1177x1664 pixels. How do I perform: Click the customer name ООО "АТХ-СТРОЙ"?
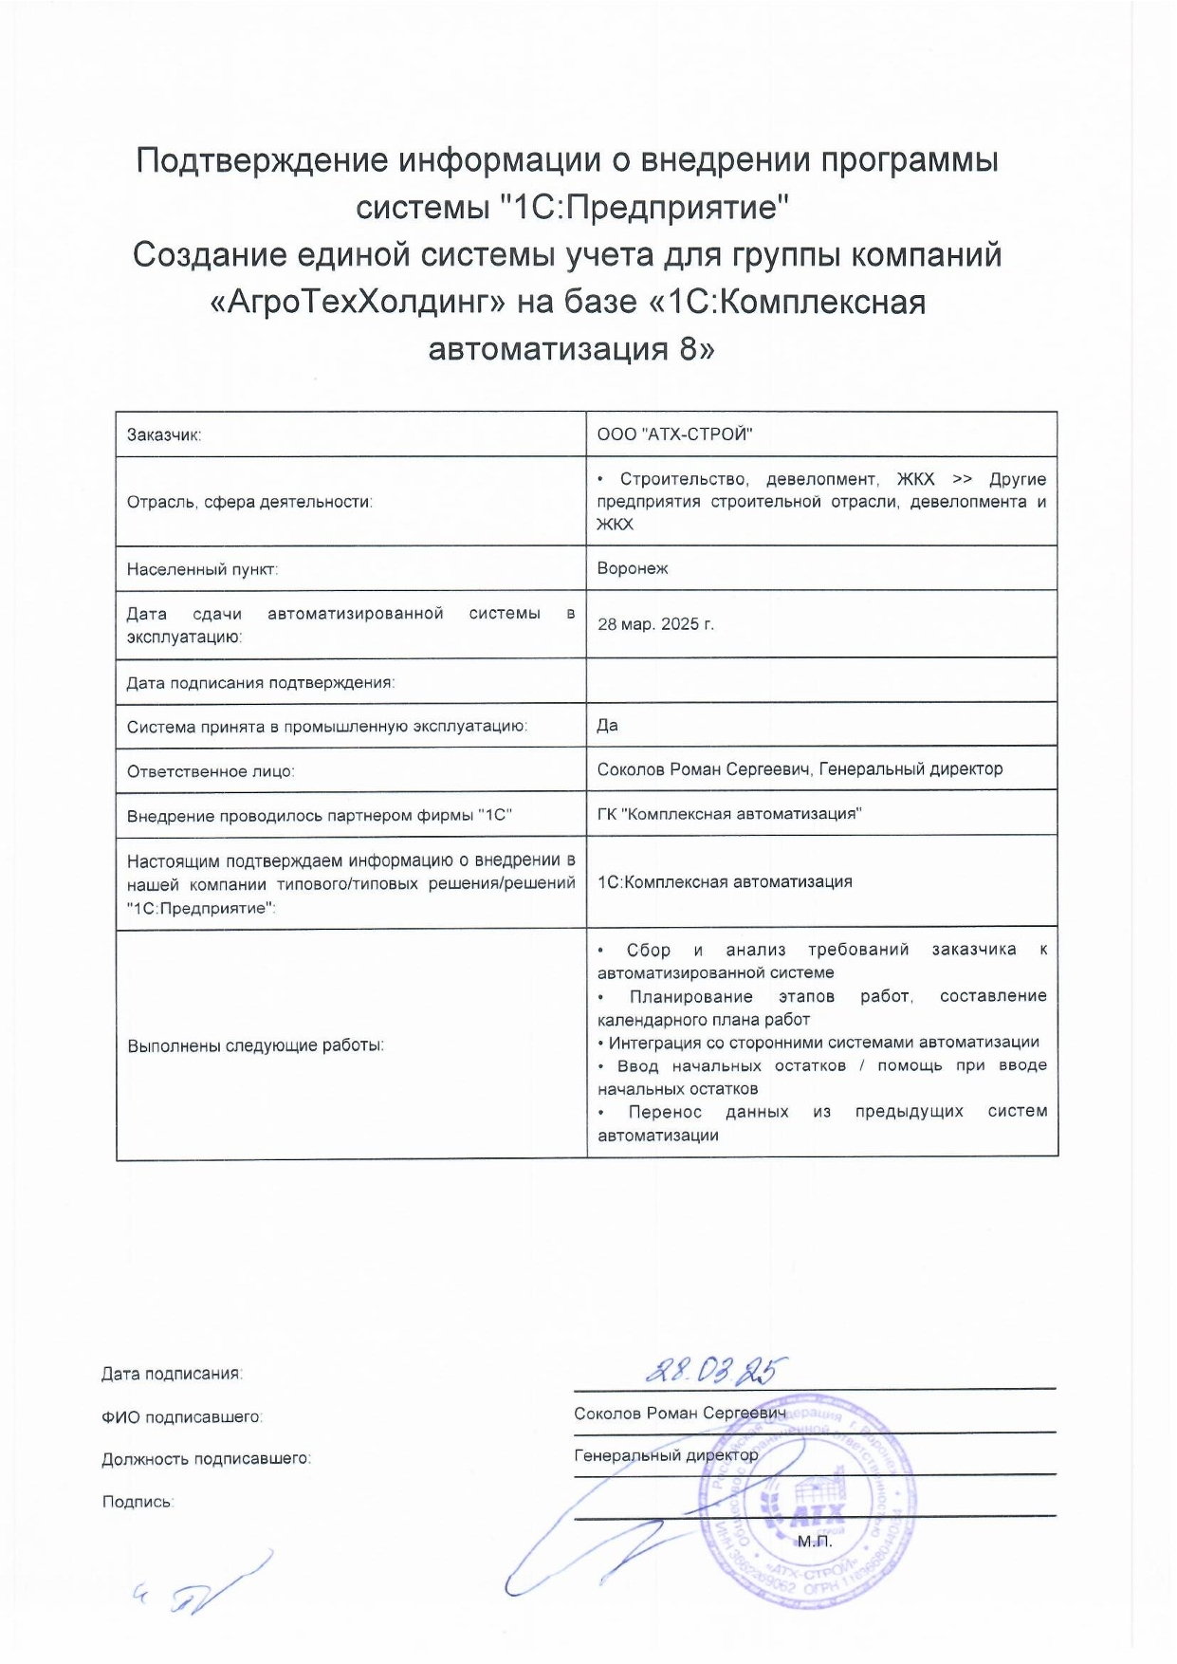click(674, 434)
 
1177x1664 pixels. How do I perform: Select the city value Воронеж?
click(633, 568)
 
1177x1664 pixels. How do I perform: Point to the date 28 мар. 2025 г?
click(655, 624)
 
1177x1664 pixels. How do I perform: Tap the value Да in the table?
click(608, 725)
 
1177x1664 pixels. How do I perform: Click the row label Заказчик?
click(164, 435)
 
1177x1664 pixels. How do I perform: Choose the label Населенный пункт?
click(202, 569)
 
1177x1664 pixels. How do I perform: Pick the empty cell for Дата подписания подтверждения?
click(821, 680)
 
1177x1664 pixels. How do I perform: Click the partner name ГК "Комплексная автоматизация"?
click(729, 813)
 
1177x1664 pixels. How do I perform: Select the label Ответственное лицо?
click(211, 771)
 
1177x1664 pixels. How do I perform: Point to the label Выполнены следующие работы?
click(255, 1045)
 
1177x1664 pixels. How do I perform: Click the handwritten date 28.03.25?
click(716, 1369)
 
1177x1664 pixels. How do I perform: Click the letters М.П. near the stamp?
click(814, 1541)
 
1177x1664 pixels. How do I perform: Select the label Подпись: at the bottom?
click(138, 1502)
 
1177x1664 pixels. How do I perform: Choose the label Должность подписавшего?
click(206, 1459)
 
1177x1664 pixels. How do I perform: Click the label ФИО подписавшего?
click(181, 1416)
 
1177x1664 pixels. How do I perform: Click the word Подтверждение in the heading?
click(262, 160)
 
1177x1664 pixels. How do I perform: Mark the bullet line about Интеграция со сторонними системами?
click(818, 1042)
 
